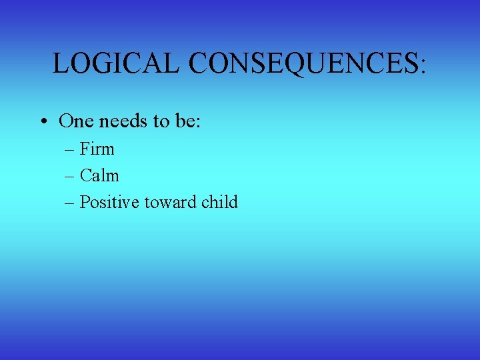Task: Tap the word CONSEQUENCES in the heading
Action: (x=303, y=63)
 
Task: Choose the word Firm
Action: (x=97, y=149)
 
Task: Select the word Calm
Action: (x=99, y=175)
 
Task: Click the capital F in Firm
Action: (x=85, y=149)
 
